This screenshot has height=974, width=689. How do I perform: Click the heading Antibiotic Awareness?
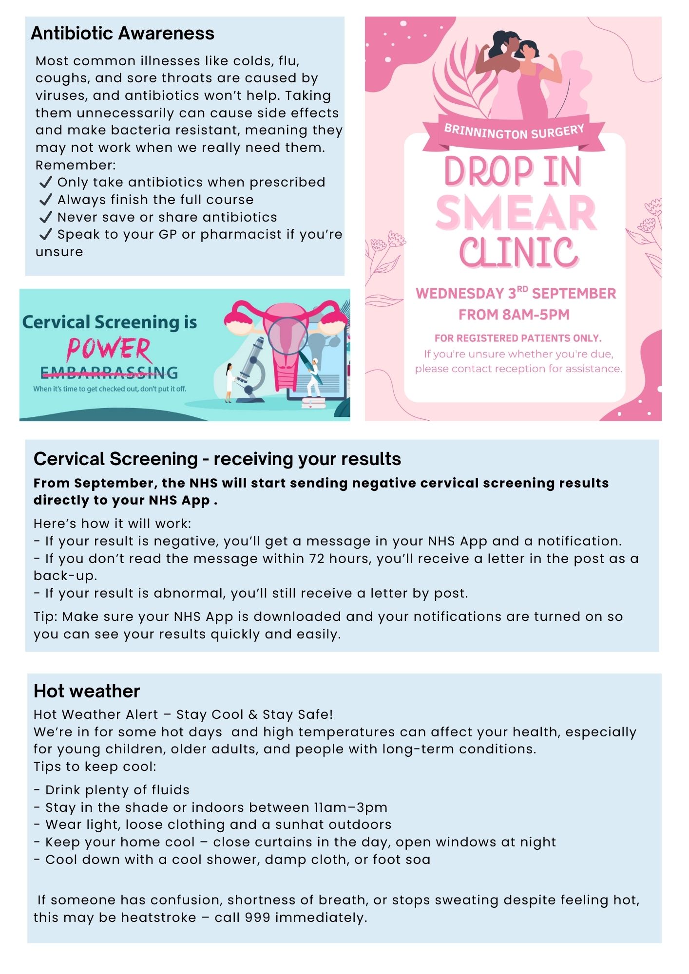coord(122,34)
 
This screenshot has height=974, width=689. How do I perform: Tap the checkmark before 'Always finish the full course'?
coord(46,200)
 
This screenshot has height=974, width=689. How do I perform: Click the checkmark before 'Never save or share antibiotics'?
coord(46,217)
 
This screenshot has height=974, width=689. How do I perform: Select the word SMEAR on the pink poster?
coord(516,213)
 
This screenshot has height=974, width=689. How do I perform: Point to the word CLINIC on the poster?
coord(518,253)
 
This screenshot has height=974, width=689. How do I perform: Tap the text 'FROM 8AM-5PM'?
coord(514,315)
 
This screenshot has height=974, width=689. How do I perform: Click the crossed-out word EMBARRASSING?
coord(109,373)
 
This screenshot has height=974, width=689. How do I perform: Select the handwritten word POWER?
coord(109,349)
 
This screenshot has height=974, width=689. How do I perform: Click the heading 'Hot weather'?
coord(87,691)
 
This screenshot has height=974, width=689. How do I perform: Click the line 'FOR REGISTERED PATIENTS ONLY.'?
coord(518,338)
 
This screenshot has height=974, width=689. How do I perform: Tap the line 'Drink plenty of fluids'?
coord(117,790)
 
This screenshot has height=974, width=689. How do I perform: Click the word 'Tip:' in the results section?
coord(46,617)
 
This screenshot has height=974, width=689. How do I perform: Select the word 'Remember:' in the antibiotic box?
coord(76,165)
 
